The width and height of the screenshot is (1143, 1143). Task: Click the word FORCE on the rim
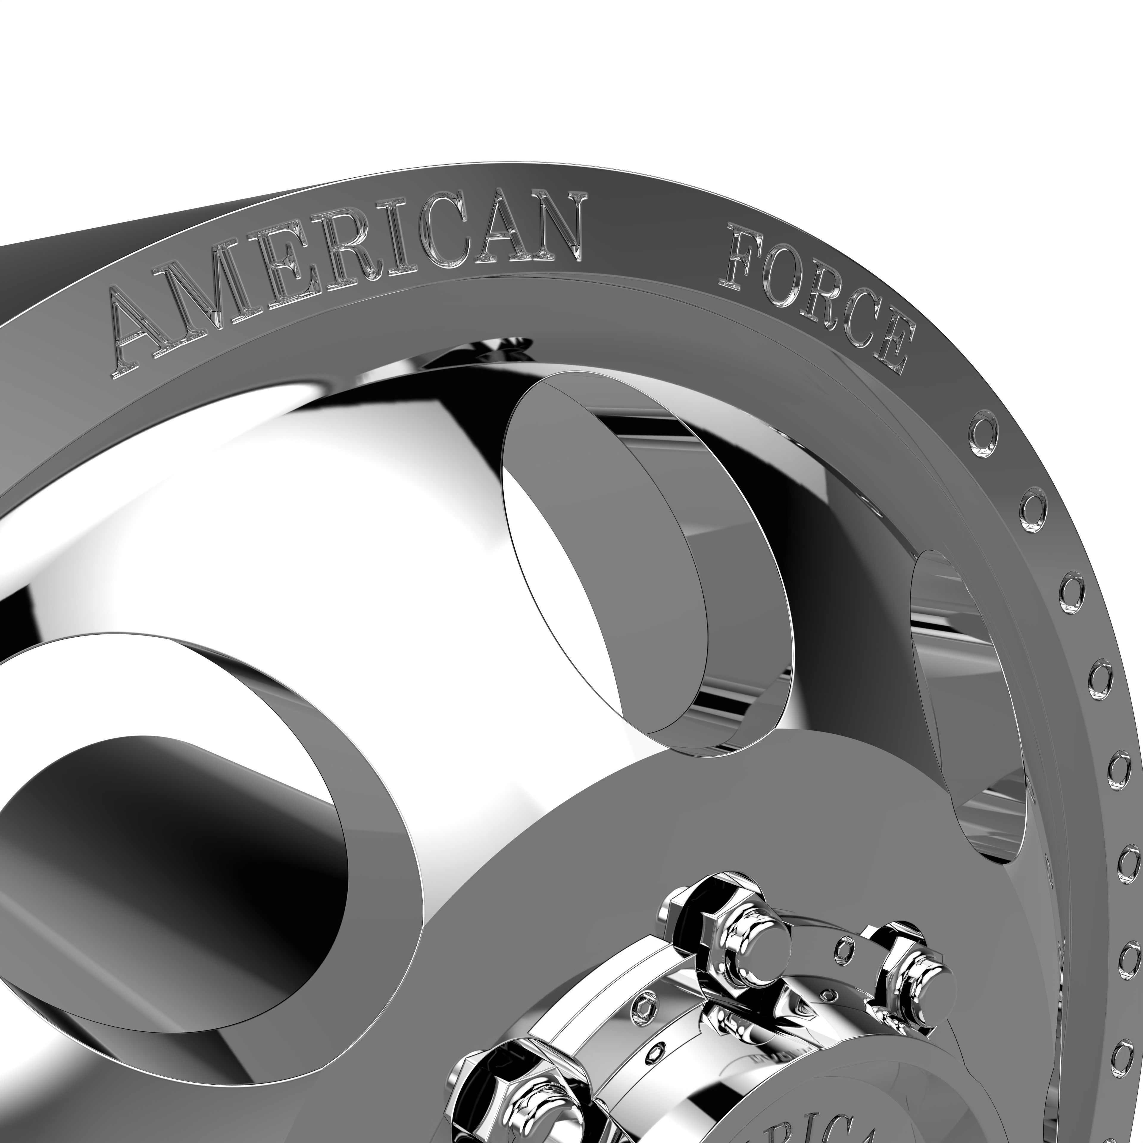pyautogui.click(x=816, y=296)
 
